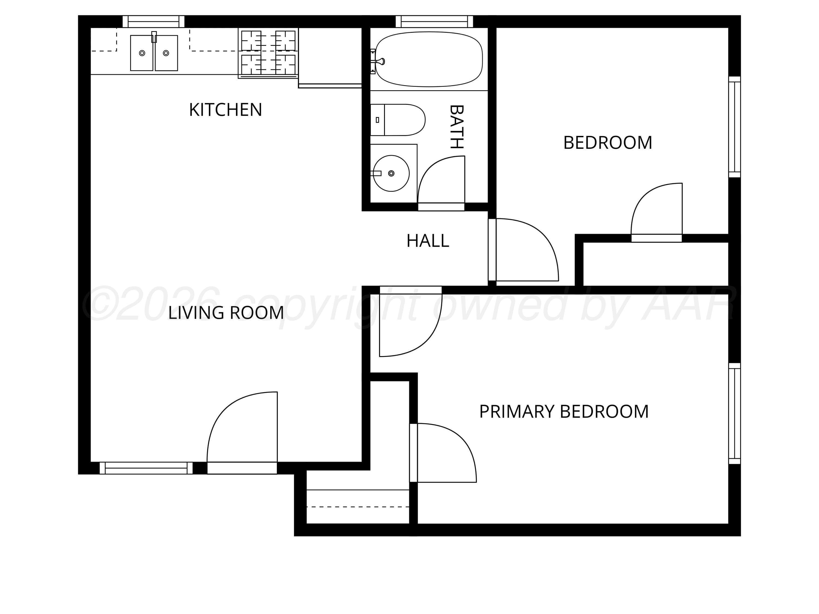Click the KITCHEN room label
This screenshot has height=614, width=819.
(225, 110)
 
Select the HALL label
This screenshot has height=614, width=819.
(428, 241)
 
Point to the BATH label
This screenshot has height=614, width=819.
(456, 127)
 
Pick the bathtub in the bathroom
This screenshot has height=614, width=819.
(429, 59)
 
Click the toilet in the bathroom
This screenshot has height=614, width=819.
(398, 120)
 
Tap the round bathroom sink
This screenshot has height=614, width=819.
(391, 173)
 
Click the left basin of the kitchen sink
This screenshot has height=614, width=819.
(142, 53)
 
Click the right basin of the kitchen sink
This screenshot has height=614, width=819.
(166, 53)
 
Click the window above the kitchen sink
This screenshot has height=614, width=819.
(153, 22)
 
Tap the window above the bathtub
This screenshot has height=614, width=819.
(434, 22)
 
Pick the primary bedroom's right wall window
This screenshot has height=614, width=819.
(735, 413)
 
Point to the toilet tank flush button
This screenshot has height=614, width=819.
(377, 120)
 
